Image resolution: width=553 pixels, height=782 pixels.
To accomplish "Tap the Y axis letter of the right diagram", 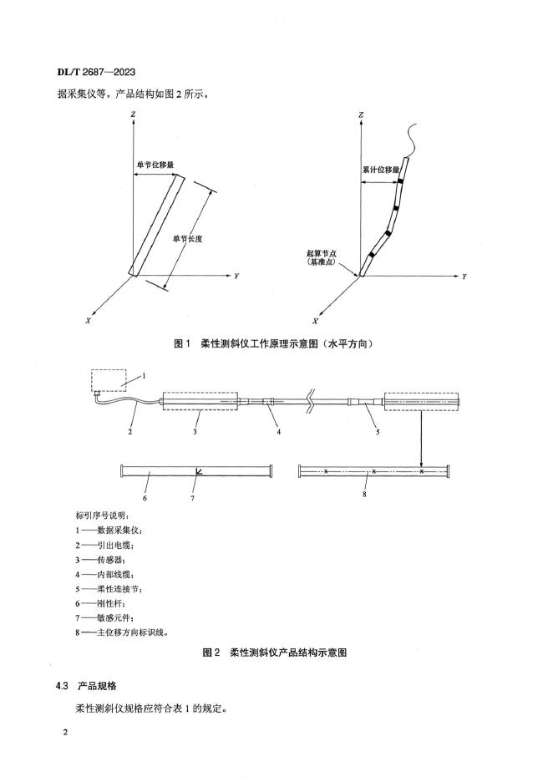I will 464,275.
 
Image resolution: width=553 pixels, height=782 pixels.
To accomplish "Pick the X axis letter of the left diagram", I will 88,319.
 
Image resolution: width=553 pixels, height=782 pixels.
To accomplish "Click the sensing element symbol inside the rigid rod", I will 198,472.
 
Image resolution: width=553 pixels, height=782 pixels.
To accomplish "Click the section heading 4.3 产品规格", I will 90,686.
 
